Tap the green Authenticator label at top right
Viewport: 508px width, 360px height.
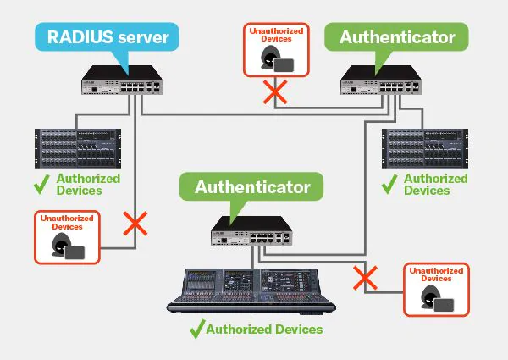coord(396,37)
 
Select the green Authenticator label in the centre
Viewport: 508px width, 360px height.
coord(252,186)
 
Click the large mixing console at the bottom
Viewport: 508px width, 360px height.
coord(255,289)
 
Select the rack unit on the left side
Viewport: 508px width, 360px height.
coord(76,149)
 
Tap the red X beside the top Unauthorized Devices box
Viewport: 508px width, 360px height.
coord(273,93)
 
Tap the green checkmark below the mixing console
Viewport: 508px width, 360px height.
coord(196,329)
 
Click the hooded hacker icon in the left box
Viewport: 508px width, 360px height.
coord(63,248)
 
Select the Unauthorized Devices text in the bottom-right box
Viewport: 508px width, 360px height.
coord(436,274)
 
